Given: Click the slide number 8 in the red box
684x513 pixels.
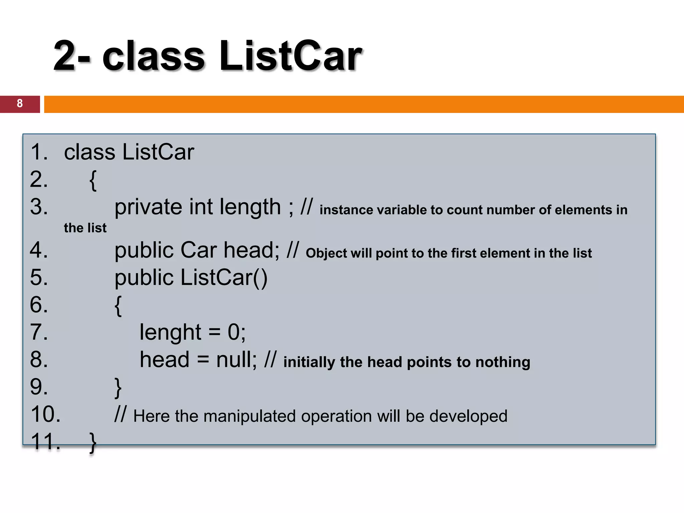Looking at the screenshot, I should click(20, 104).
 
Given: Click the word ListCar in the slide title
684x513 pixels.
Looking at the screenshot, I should click(291, 56).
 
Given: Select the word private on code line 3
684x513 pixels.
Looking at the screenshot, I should click(148, 207).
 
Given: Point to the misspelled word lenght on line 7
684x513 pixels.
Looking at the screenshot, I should click(170, 332).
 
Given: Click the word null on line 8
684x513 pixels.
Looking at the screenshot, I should click(236, 360).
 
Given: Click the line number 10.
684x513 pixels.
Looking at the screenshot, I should click(45, 414).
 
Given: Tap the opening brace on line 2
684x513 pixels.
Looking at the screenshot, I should click(93, 180).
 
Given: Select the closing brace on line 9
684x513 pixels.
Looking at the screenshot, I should click(118, 388).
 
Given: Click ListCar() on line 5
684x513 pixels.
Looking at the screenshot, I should click(224, 278).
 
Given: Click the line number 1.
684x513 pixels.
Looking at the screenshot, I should click(39, 152).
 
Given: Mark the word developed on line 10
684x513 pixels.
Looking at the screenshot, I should click(468, 416).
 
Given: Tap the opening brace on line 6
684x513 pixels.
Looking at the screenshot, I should click(118, 305).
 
